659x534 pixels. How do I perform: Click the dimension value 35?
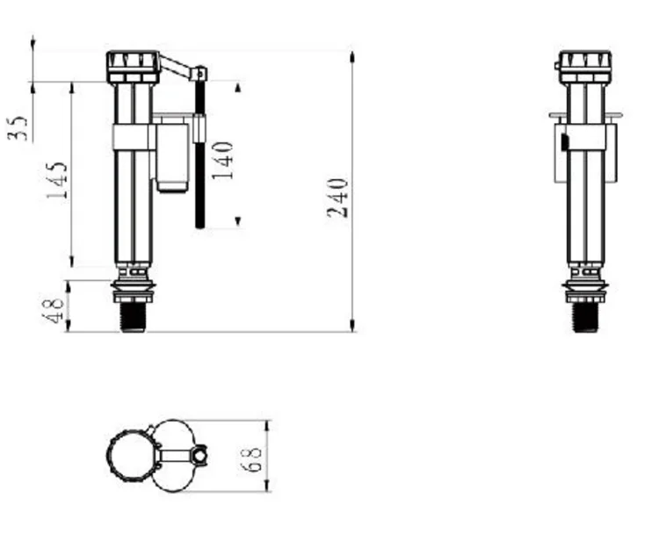pyautogui.click(x=20, y=127)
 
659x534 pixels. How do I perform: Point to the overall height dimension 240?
pyautogui.click(x=338, y=197)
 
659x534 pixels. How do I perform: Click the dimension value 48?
pyautogui.click(x=54, y=310)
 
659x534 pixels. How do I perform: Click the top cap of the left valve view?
pyautogui.click(x=132, y=64)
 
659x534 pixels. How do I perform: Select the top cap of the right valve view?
pyautogui.click(x=584, y=64)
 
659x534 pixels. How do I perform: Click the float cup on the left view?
pyautogui.click(x=172, y=156)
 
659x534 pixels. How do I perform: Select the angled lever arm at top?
pyautogui.click(x=178, y=66)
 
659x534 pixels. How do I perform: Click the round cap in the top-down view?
pyautogui.click(x=129, y=456)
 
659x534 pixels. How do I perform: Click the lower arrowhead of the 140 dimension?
pyautogui.click(x=238, y=222)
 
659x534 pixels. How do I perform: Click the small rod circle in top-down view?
pyautogui.click(x=201, y=456)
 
